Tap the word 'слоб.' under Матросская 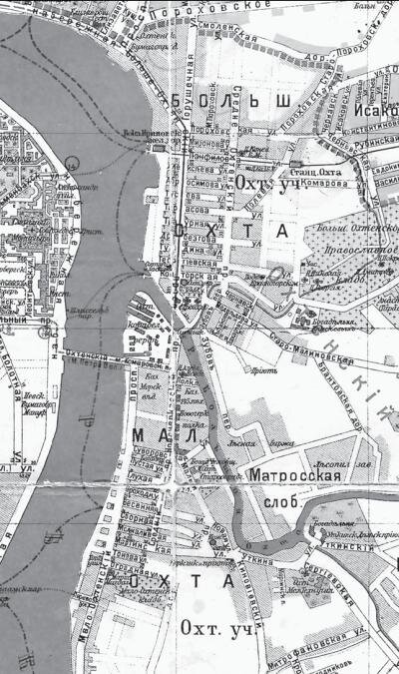click(282, 501)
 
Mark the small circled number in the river click(72, 163)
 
